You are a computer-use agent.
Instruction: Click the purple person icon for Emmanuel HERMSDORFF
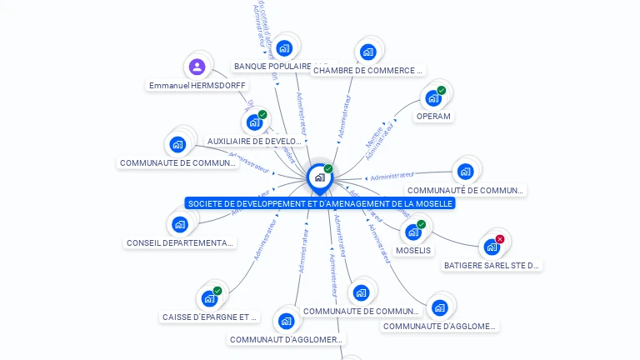197,67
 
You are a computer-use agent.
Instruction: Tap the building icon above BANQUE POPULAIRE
284,48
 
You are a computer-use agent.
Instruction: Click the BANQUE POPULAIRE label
272,66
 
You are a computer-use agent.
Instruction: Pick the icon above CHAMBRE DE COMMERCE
367,52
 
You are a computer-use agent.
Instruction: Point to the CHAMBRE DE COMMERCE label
367,71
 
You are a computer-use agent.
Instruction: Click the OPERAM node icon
432,98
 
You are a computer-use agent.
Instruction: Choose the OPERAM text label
433,117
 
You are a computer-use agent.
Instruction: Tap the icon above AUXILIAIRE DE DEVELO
255,122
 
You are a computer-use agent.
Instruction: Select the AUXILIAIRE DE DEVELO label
254,141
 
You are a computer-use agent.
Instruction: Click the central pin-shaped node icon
319,177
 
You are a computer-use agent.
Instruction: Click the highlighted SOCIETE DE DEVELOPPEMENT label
320,203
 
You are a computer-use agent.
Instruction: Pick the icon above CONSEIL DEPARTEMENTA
180,224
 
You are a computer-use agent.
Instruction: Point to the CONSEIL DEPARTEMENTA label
180,242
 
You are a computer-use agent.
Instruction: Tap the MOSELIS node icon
412,232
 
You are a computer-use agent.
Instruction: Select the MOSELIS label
413,250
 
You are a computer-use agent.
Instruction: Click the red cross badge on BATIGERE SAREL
500,239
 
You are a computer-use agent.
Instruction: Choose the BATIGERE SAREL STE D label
492,266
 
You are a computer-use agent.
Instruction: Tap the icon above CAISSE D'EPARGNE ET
209,298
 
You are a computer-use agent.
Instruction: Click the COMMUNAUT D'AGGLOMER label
286,339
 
